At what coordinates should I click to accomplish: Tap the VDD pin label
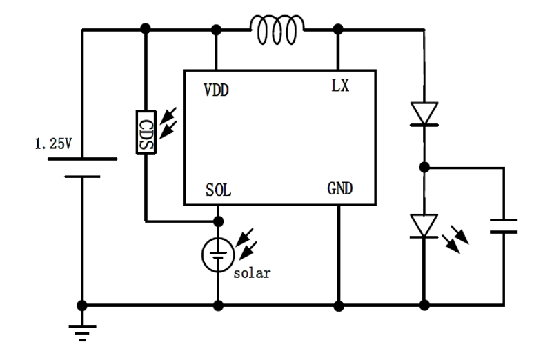coord(217,90)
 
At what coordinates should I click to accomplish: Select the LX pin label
coord(339,86)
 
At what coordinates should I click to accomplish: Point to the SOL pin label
coord(217,190)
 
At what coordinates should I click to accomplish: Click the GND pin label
coord(341,189)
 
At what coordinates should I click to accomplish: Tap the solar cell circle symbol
coord(218,254)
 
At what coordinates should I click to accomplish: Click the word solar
coord(251,272)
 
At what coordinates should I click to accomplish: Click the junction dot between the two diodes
coord(425,167)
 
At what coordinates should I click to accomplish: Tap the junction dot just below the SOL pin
coord(218,221)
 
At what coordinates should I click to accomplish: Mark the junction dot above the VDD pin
coord(217,30)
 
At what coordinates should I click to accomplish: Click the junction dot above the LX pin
coord(339,30)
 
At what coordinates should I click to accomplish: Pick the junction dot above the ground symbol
coord(82,304)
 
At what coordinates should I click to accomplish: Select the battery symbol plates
coord(82,168)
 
